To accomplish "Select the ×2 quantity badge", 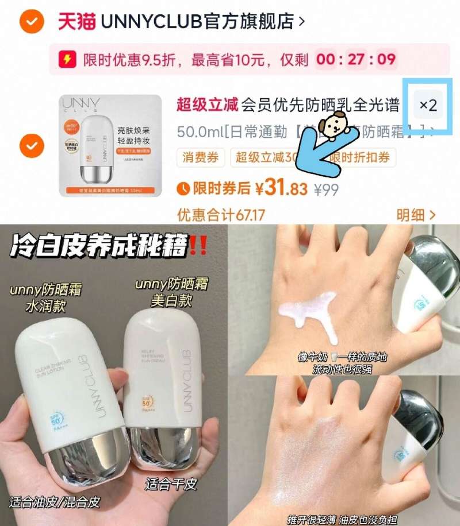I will (428, 105).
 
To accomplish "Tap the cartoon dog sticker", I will (333, 124).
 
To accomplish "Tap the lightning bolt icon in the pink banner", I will (68, 59).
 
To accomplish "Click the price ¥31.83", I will (282, 188).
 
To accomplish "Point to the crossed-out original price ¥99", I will (326, 189).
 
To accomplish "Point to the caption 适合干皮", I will (171, 484).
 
